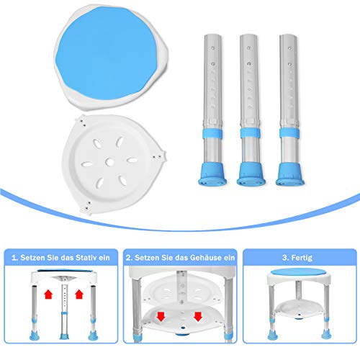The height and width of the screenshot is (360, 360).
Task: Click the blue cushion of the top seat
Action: pos(107,53)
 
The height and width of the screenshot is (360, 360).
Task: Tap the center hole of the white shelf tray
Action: pos(109,162)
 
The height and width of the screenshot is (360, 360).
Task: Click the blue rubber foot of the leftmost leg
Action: pos(212,174)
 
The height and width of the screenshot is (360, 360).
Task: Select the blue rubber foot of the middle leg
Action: pos(251,174)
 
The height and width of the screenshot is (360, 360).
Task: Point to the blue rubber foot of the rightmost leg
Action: pos(290,174)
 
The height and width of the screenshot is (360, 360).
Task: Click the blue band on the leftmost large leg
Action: pos(212,133)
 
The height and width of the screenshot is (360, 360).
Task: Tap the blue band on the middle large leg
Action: pos(251,133)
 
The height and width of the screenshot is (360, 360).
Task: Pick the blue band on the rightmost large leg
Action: pos(289,132)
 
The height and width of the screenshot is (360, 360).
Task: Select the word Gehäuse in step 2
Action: pos(206,258)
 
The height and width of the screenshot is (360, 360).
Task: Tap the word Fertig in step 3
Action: pos(302,258)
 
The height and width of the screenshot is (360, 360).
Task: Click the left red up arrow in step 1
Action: pos(48,294)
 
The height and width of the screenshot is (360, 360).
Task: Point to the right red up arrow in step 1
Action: pos(79,294)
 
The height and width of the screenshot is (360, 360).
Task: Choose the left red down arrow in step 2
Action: pos(161,317)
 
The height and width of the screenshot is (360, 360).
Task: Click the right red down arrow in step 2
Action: pos(198,317)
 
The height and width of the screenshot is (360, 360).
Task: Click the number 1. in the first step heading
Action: pos(14,258)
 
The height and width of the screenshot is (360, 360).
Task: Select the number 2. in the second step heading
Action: pos(129,258)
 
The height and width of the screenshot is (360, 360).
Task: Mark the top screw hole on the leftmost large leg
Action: pos(213,48)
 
